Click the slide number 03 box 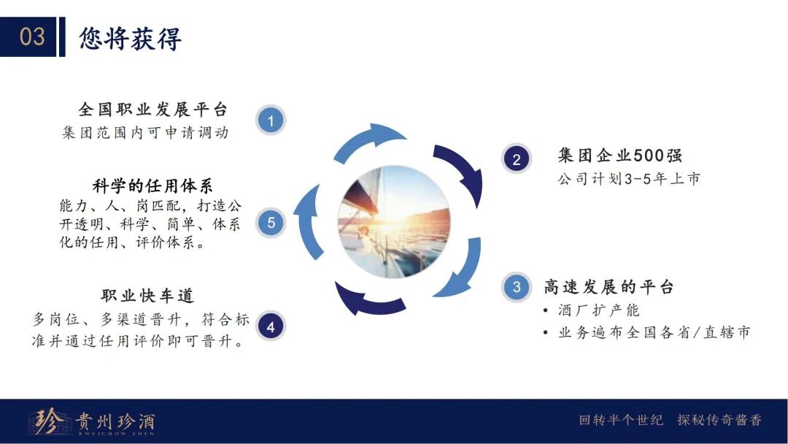(28, 37)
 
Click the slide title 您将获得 (130, 38)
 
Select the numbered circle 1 (271, 120)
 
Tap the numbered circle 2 (516, 159)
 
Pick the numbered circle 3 (516, 287)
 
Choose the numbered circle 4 (271, 326)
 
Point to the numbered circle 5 (271, 223)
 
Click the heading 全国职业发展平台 (152, 109)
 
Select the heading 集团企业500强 (619, 156)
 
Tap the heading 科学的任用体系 (152, 185)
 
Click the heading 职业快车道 (147, 296)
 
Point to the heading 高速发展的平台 (609, 287)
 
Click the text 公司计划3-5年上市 (629, 178)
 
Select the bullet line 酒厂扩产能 (598, 310)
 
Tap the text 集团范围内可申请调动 (145, 132)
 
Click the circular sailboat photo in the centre (395, 222)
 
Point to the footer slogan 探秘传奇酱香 (719, 420)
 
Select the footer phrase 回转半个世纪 (621, 420)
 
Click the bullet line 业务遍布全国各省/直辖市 (654, 332)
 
